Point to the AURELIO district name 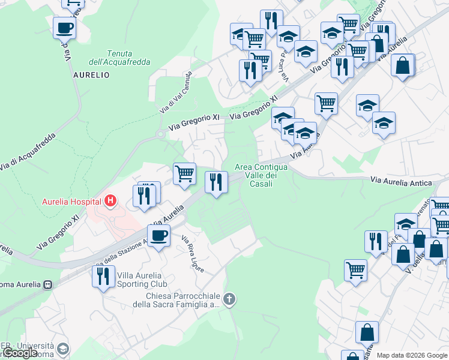91,76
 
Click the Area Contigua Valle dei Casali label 261,175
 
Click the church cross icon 228,299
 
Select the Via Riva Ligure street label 193,253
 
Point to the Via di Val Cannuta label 176,92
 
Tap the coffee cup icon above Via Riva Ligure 158,236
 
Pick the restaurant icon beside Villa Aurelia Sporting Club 104,276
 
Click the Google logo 21,353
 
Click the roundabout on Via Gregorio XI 160,134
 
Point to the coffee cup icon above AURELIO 64,27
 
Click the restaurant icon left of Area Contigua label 217,181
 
